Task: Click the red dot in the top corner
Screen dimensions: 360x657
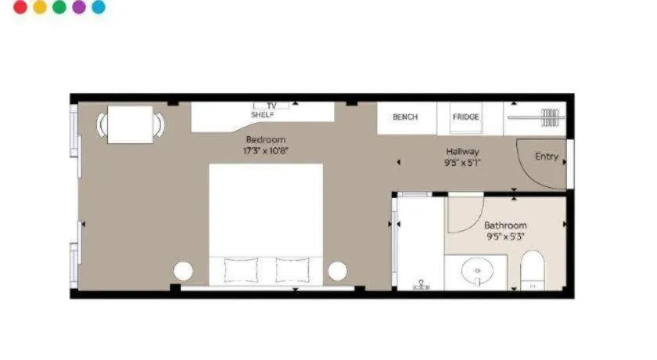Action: click(x=20, y=7)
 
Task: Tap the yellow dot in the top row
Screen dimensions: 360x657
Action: click(x=40, y=7)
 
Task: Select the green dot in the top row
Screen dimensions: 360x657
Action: click(x=59, y=7)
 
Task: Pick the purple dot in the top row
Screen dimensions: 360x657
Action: click(x=79, y=7)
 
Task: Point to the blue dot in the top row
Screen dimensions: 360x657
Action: click(x=99, y=7)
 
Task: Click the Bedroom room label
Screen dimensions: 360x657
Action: click(x=266, y=139)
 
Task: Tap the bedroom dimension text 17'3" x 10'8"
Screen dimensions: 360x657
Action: click(x=266, y=150)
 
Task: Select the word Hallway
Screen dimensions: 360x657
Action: click(x=463, y=152)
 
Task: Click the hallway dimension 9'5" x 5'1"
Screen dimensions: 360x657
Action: click(x=463, y=163)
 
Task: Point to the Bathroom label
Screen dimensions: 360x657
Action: click(x=505, y=225)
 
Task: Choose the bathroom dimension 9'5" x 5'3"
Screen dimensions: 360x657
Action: click(x=505, y=236)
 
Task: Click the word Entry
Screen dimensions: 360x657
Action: click(x=547, y=157)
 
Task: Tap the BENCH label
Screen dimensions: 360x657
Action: click(x=405, y=117)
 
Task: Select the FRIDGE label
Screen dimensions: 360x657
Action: click(x=465, y=117)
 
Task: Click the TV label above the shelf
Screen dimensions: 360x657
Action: click(x=272, y=106)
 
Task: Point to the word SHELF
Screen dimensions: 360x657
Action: click(x=263, y=114)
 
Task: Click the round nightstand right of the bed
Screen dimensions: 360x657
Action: click(x=337, y=271)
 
